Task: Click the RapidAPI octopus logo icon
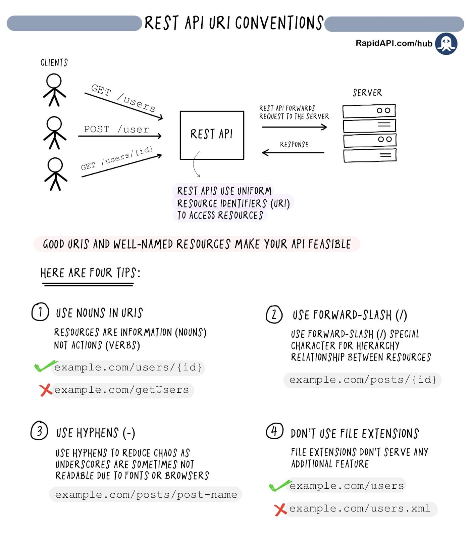(x=446, y=44)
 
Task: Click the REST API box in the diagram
(x=212, y=135)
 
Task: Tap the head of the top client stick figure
(x=54, y=81)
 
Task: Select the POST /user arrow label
(x=116, y=129)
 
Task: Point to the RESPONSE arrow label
(x=294, y=144)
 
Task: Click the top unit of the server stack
(x=369, y=110)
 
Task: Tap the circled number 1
(x=40, y=312)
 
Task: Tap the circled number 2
(x=274, y=314)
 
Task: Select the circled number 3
(x=39, y=431)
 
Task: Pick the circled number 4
(x=274, y=431)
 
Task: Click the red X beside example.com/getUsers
(x=45, y=390)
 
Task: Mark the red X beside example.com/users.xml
(x=280, y=509)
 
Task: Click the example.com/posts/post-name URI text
(x=146, y=494)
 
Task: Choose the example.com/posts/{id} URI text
(x=363, y=380)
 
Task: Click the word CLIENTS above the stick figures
(x=54, y=63)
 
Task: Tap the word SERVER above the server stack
(x=367, y=93)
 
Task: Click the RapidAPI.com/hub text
(x=394, y=43)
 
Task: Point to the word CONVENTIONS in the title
(x=279, y=23)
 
